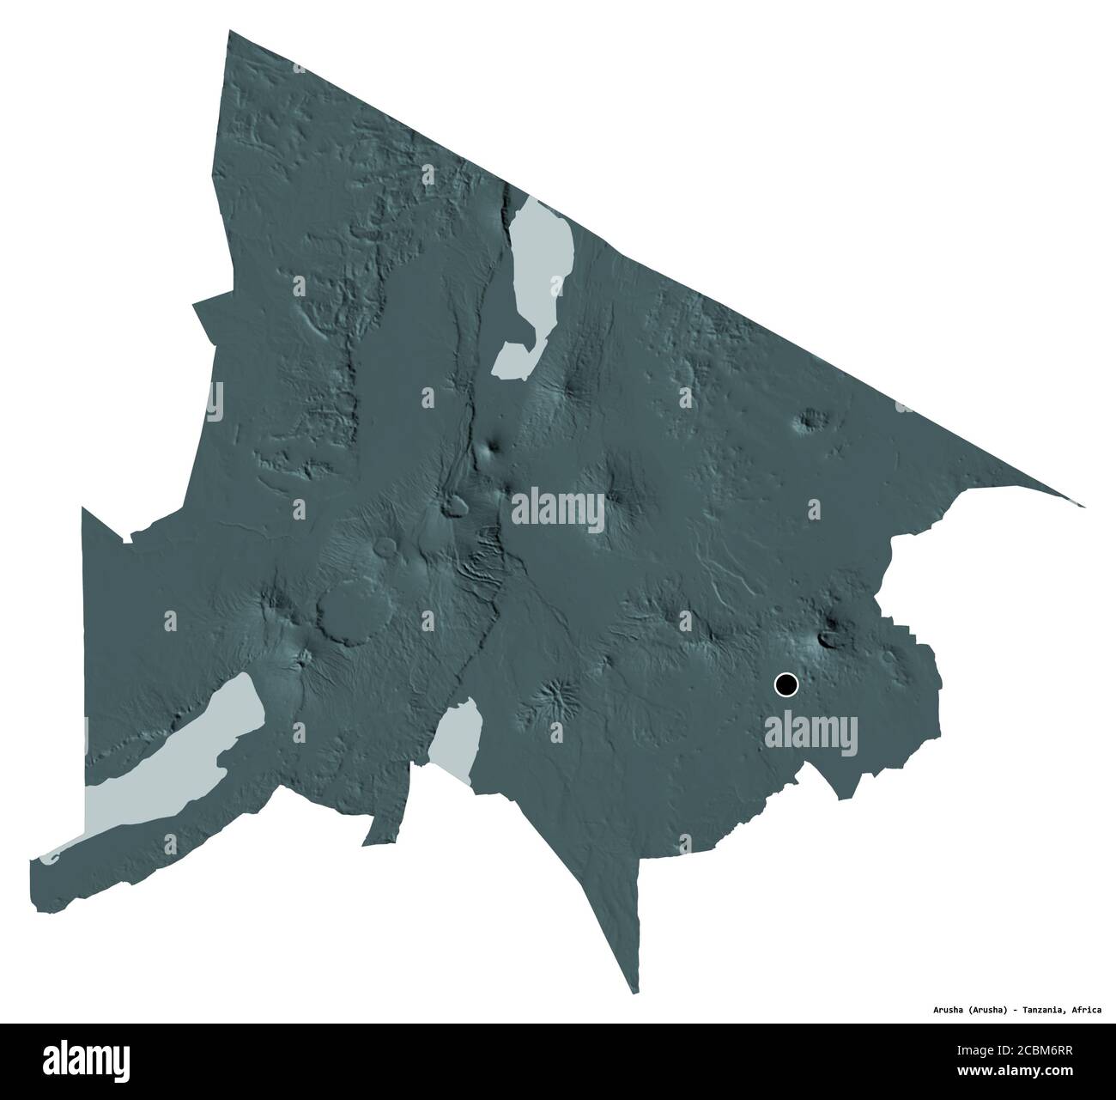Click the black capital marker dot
tap(785, 684)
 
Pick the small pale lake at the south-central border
tap(456, 735)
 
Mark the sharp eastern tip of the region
tap(1083, 506)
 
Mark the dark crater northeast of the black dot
tap(830, 637)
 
